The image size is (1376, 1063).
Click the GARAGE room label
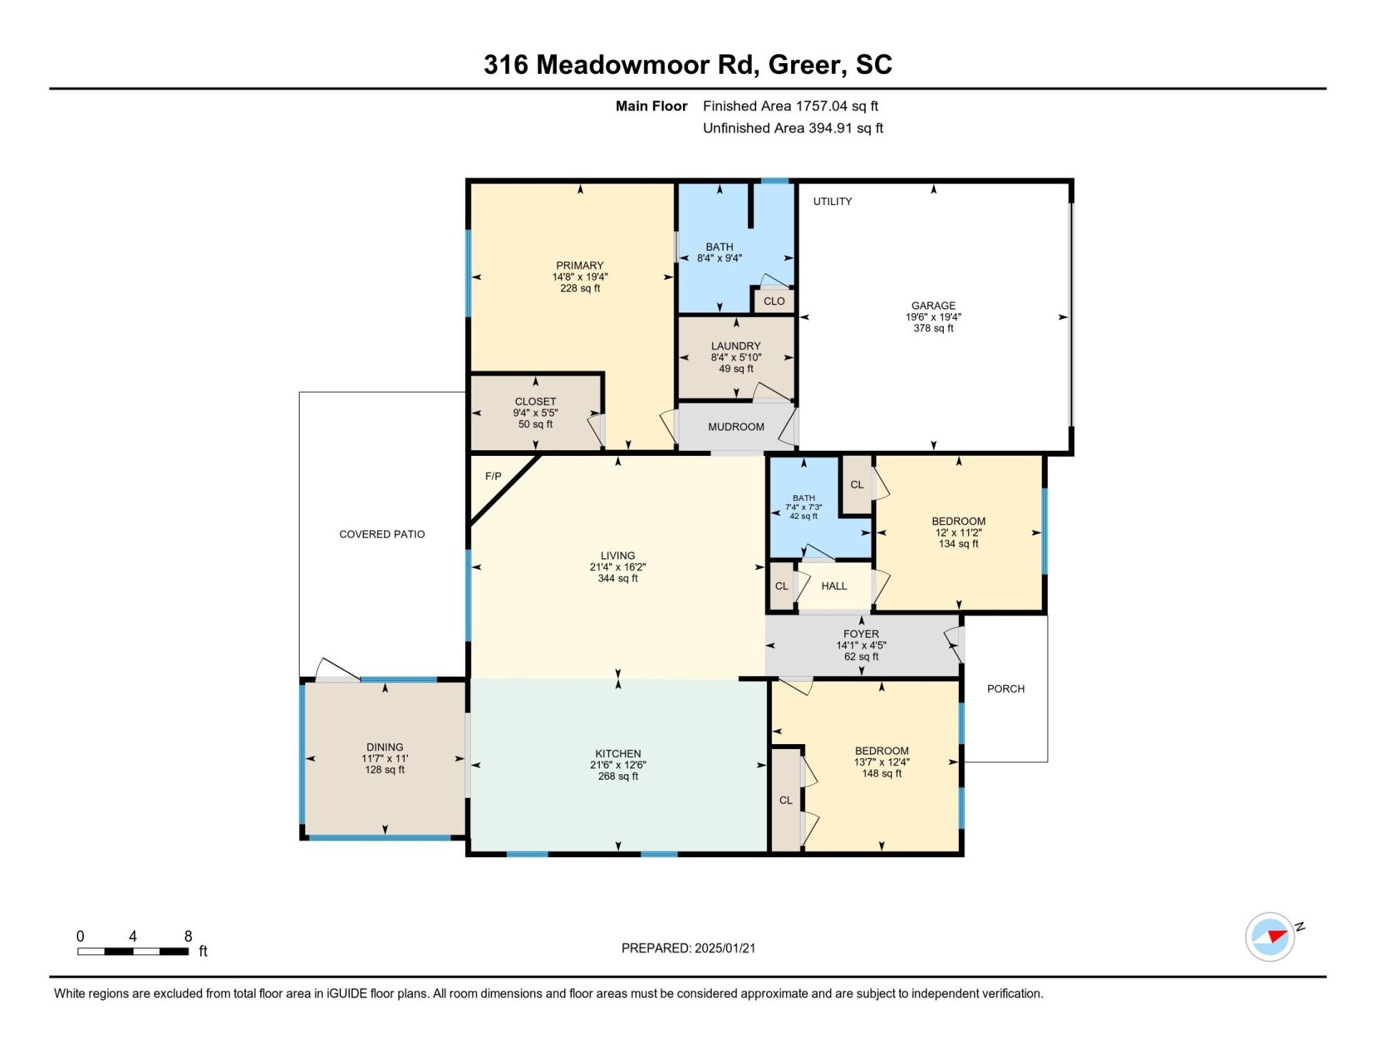pyautogui.click(x=933, y=305)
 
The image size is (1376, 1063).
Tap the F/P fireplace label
pyautogui.click(x=493, y=476)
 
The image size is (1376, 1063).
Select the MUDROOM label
pyautogui.click(x=736, y=426)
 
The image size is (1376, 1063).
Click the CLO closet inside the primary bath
pyautogui.click(x=774, y=301)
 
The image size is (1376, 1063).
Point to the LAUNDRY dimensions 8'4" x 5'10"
pyautogui.click(x=736, y=357)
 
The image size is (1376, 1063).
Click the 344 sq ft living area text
pyautogui.click(x=618, y=578)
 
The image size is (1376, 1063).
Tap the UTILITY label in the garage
pyautogui.click(x=832, y=201)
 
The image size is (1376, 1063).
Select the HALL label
pyautogui.click(x=834, y=586)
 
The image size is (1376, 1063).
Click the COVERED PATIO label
pyautogui.click(x=382, y=534)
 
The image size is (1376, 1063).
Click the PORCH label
pyautogui.click(x=1005, y=689)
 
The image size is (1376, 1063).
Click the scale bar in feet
pyautogui.click(x=133, y=951)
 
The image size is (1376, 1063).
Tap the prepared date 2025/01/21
pyautogui.click(x=725, y=948)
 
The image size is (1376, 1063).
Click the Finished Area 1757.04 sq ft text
pyautogui.click(x=790, y=106)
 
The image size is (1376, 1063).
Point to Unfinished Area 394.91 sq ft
pyautogui.click(x=793, y=128)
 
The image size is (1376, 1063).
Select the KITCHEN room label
pyautogui.click(x=618, y=753)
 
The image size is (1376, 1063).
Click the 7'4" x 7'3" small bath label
pyautogui.click(x=803, y=507)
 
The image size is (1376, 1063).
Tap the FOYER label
pyautogui.click(x=861, y=634)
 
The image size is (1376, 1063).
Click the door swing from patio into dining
pyautogui.click(x=337, y=669)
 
